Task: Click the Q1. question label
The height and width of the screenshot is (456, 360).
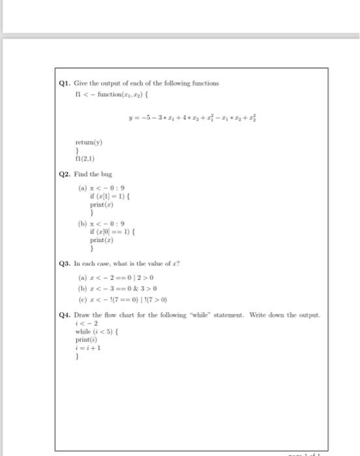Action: (x=64, y=83)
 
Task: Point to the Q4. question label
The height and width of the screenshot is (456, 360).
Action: (x=64, y=314)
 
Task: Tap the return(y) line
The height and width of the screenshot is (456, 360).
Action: (x=89, y=141)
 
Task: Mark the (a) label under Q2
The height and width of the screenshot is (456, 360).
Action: (x=82, y=188)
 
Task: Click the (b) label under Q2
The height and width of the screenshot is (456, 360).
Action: (x=82, y=223)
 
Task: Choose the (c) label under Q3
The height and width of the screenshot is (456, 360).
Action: (x=82, y=299)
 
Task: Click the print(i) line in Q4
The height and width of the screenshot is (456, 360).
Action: (x=84, y=339)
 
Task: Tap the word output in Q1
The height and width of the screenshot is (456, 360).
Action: (x=115, y=83)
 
